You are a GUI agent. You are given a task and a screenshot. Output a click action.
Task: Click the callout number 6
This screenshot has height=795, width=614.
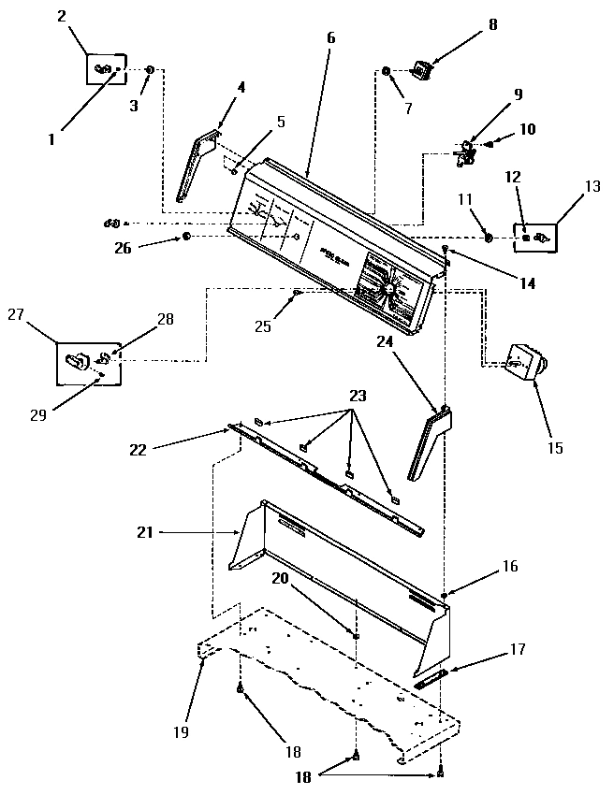(330, 37)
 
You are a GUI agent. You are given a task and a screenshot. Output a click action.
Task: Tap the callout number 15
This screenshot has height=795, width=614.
(554, 448)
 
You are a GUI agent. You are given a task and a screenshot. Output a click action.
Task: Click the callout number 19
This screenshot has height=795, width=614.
(180, 730)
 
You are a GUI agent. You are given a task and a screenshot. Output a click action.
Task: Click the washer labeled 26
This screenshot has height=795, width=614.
(187, 238)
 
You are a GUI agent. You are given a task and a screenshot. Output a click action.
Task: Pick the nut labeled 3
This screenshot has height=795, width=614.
(151, 70)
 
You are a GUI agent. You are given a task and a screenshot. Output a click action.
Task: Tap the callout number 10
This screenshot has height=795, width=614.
(527, 129)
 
